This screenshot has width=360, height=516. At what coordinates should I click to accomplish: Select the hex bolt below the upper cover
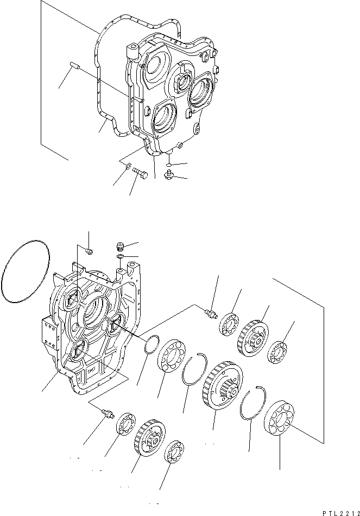click(x=140, y=174)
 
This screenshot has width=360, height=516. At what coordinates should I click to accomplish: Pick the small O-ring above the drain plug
click(x=169, y=165)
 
